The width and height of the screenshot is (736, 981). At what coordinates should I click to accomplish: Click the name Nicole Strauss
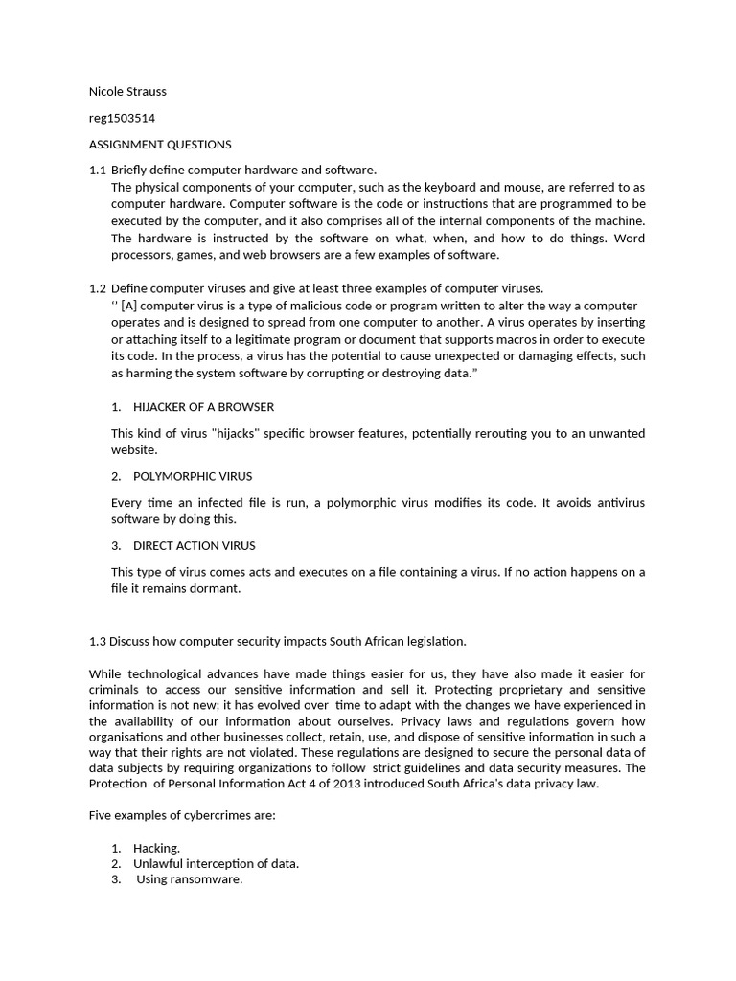point(127,92)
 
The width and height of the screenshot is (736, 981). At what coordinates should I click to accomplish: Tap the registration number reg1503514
point(122,119)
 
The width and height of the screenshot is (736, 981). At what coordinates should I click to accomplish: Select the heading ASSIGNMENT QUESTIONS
point(160,145)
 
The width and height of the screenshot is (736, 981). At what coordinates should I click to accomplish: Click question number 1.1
point(97,171)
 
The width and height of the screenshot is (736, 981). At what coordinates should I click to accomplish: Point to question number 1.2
point(97,288)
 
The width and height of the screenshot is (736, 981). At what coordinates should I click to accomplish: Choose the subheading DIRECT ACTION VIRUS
point(195,546)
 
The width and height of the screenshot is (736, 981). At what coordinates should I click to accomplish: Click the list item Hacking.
point(156,849)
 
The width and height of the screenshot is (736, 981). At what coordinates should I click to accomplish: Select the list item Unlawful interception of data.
point(216,864)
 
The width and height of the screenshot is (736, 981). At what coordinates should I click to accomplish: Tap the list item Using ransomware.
point(189,879)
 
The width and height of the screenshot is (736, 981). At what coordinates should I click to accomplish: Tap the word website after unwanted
point(134,449)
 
